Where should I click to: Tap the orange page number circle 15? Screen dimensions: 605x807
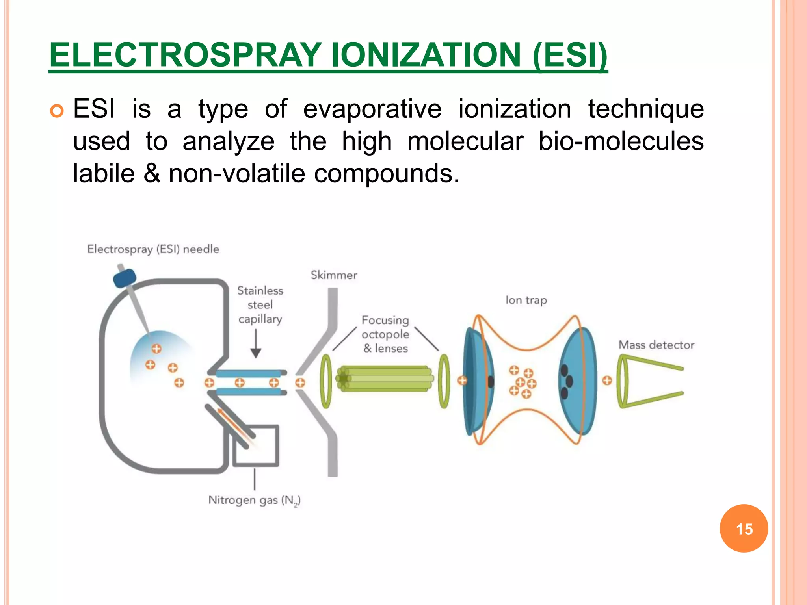pos(744,529)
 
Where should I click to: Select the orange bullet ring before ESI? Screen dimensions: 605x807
pos(57,111)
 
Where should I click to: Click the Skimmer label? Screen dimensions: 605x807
pos(334,275)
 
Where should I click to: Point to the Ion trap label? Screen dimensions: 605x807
pos(526,300)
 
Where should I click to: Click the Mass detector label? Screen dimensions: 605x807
pos(656,345)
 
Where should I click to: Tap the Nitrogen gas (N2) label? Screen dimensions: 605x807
pos(254,500)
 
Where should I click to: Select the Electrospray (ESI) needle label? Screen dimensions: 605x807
pos(153,249)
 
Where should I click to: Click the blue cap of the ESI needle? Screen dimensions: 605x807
pos(125,278)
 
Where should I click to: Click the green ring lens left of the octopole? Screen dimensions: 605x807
pos(326,381)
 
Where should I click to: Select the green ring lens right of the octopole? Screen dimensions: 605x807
pos(444,381)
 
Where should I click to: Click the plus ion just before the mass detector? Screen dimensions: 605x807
pos(607,380)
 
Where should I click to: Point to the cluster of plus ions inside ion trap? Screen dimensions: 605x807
pos(522,382)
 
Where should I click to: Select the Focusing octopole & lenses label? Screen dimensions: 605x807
pos(385,334)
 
